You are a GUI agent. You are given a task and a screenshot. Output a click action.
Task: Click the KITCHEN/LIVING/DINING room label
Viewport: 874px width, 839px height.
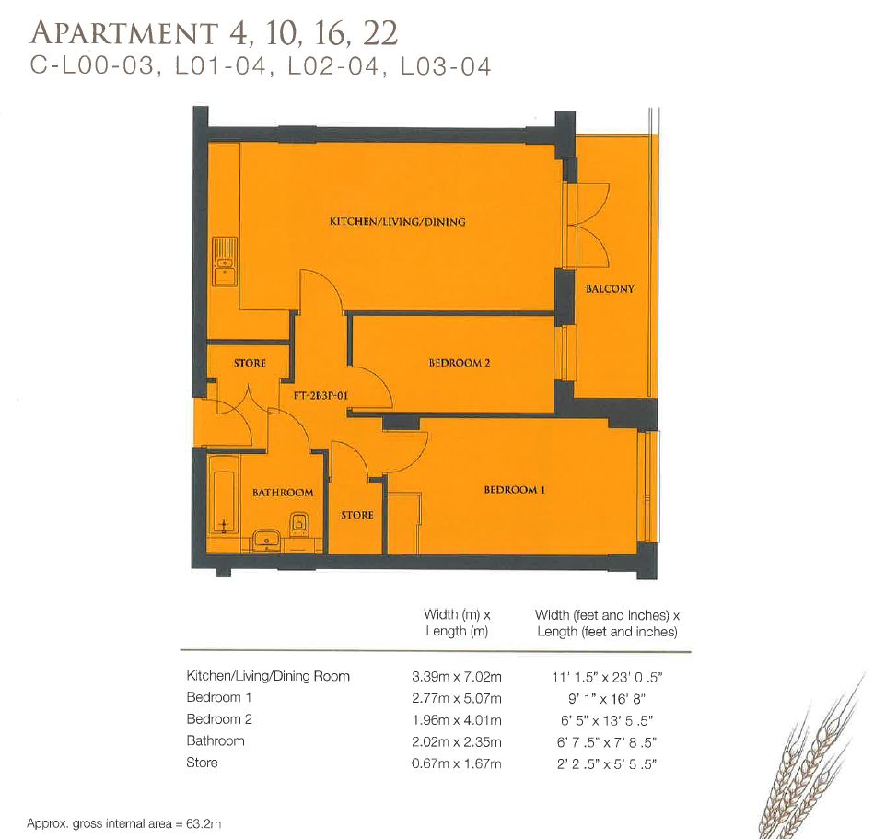398,222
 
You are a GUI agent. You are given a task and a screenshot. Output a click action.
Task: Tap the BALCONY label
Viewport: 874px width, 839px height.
610,289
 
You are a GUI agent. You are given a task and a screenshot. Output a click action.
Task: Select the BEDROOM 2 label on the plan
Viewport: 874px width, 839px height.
459,363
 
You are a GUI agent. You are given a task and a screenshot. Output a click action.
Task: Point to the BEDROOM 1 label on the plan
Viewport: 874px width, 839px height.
514,490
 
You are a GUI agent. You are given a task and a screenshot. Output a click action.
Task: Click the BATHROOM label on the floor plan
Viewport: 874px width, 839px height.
283,493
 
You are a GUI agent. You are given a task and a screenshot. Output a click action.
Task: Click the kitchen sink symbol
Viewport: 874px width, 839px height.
223,260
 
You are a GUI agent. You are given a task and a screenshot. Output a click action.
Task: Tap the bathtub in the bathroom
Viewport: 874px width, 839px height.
221,495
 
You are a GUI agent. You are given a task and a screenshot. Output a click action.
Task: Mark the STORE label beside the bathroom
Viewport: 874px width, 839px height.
356,515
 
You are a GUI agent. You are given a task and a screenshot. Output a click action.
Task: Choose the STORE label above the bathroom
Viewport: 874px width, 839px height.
250,363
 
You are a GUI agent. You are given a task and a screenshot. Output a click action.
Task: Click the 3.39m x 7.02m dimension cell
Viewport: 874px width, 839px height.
457,676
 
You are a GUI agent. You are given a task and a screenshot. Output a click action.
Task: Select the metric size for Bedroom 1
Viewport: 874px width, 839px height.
457,697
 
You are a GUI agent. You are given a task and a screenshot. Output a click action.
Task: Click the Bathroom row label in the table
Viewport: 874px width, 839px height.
216,740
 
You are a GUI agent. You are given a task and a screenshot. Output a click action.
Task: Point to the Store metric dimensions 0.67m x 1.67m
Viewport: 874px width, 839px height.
457,763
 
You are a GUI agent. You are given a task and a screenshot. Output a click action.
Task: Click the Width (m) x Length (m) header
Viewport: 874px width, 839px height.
457,623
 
